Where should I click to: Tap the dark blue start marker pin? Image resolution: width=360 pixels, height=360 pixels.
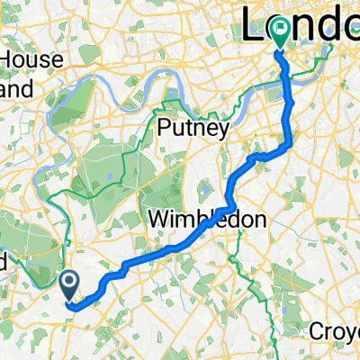coord(71,287)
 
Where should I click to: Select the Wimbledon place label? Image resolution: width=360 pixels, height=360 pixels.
coord(194,219)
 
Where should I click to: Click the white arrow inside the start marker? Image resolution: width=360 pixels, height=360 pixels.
coord(71,283)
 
